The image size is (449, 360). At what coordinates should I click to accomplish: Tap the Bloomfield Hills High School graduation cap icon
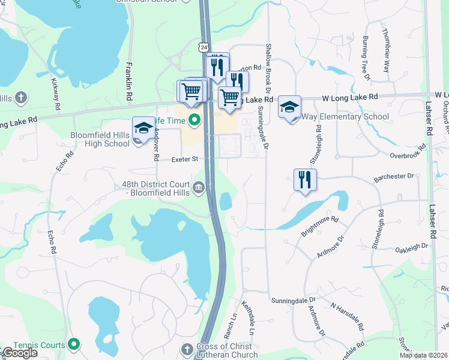(x=143, y=128)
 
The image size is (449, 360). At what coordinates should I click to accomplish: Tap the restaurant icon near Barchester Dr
(x=305, y=179)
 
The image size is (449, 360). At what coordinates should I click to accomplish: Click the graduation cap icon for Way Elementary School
(x=289, y=107)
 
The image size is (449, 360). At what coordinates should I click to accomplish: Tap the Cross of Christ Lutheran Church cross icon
(x=187, y=349)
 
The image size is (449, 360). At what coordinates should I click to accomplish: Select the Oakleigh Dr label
(x=411, y=246)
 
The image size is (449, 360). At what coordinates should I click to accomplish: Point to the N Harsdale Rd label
(x=348, y=316)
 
